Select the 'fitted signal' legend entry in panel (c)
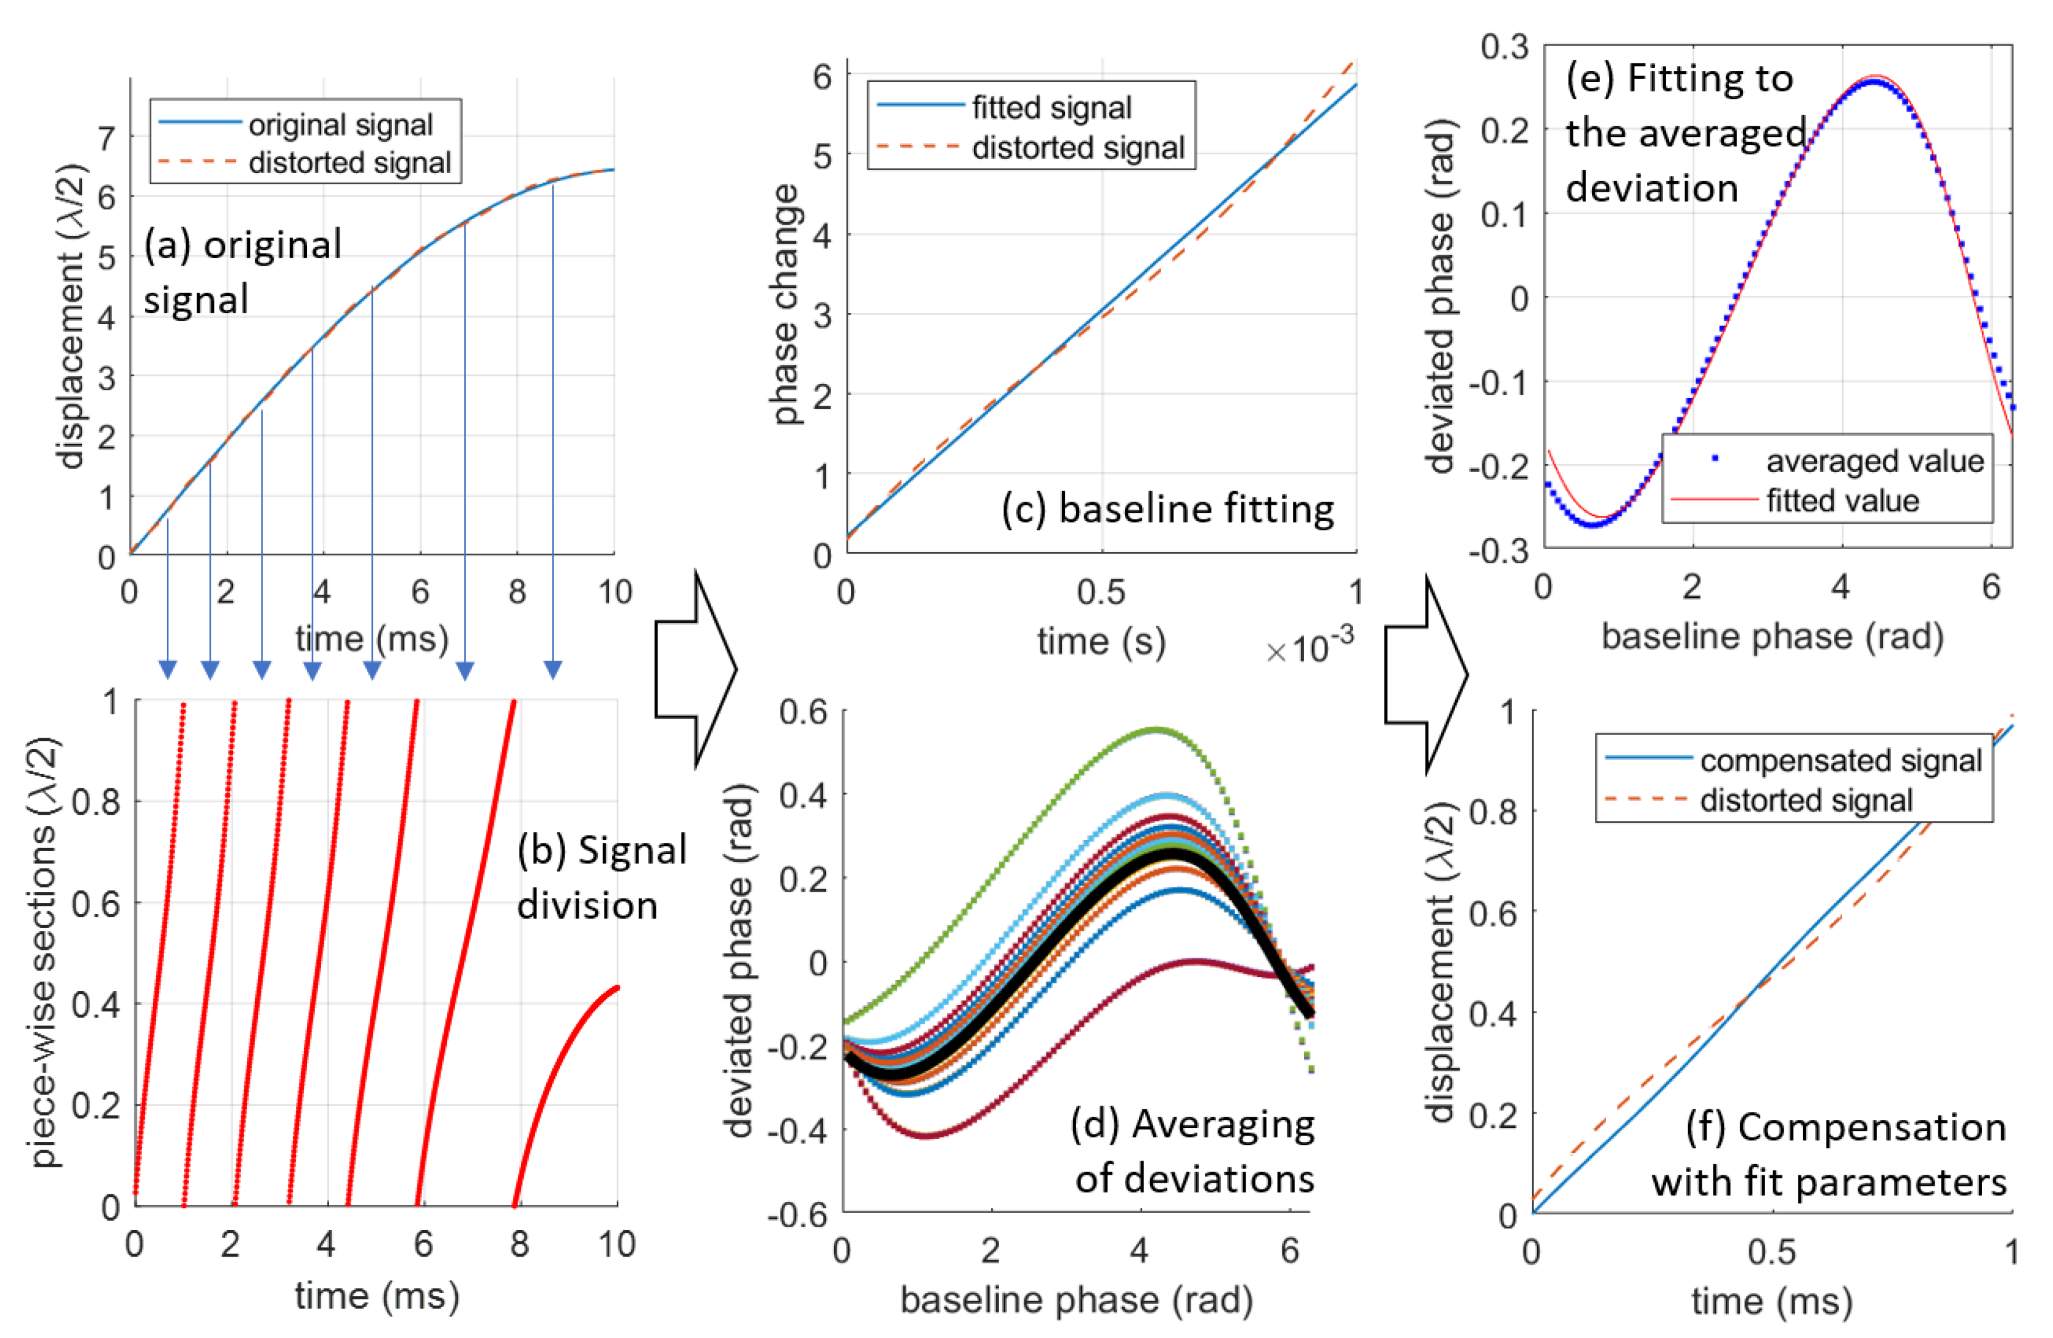(x=1051, y=108)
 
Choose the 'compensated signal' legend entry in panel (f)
(x=1840, y=760)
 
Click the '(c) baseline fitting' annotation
(x=1167, y=509)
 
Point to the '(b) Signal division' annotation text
(x=602, y=878)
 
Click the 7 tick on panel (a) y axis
(x=106, y=138)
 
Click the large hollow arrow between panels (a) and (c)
(x=695, y=669)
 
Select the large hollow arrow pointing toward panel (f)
(x=1425, y=674)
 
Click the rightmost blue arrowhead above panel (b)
(x=553, y=669)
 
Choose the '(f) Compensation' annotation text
(x=1846, y=1127)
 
